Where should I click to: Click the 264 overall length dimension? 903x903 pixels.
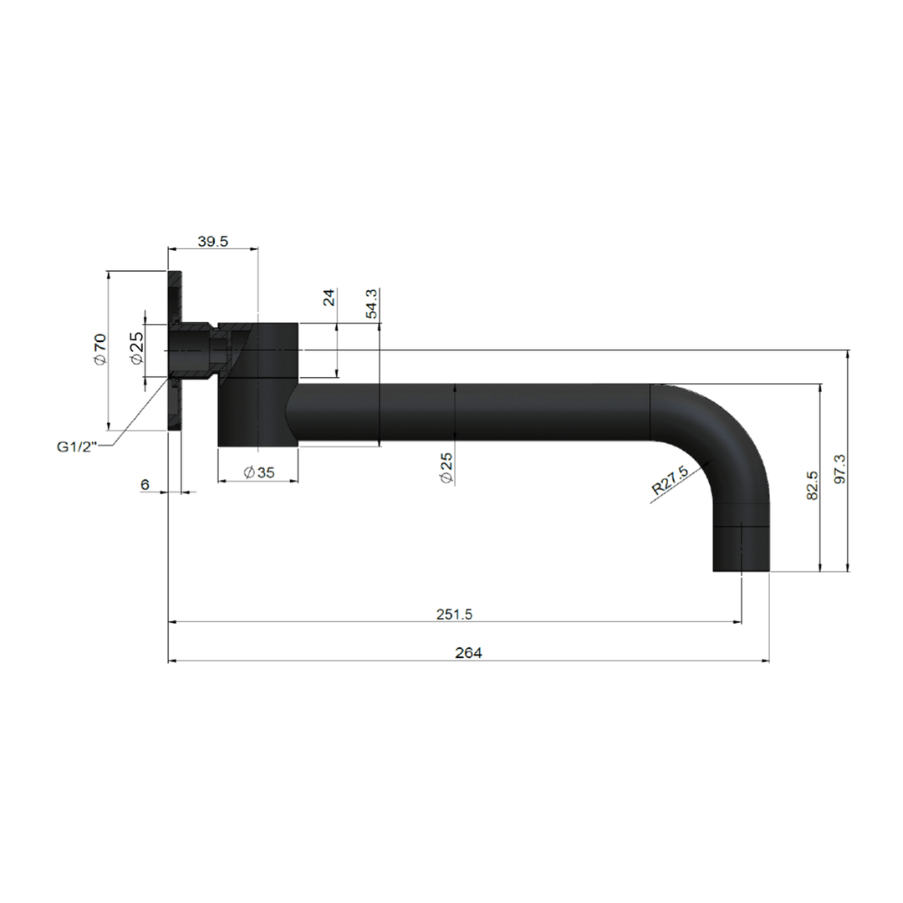[468, 653]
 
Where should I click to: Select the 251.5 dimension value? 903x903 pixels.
[455, 614]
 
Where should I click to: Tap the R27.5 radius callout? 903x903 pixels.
[669, 482]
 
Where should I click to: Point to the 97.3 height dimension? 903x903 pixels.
[839, 468]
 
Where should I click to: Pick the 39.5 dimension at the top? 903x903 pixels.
[213, 241]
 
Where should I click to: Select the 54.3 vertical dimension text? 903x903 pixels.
[372, 304]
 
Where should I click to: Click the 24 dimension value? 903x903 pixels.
[329, 297]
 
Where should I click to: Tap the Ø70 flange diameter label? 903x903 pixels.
[99, 349]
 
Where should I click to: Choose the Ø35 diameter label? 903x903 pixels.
[258, 472]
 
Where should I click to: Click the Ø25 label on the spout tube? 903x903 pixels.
[446, 467]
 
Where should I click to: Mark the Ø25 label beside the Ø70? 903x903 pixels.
[136, 348]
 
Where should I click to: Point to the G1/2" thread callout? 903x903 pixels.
[77, 446]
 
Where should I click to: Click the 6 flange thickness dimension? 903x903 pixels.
[145, 485]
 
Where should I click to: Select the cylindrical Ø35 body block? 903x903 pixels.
[258, 385]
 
